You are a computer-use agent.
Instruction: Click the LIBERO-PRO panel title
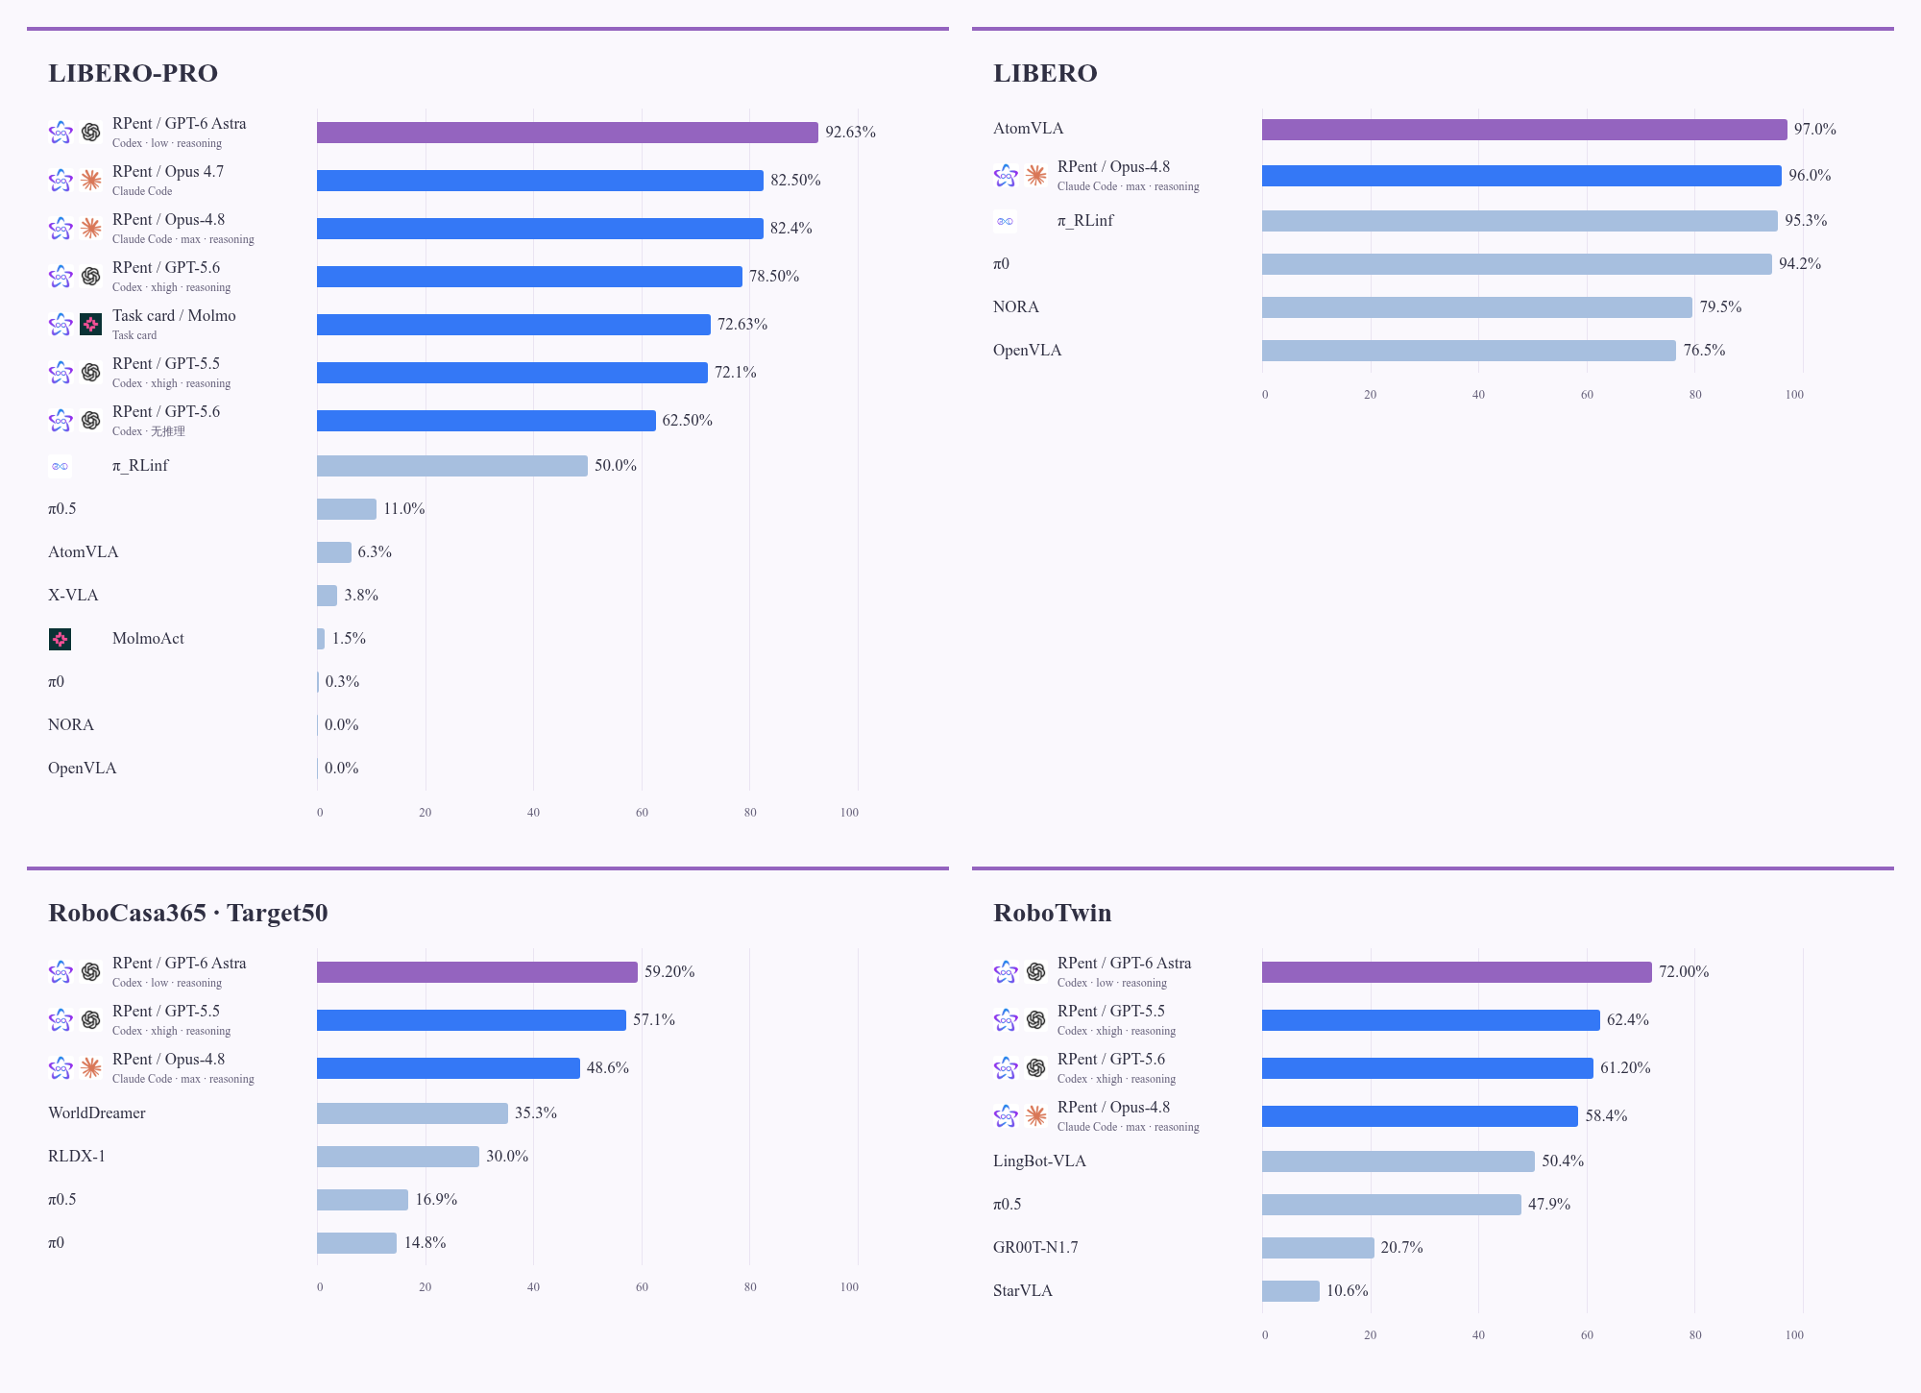(133, 73)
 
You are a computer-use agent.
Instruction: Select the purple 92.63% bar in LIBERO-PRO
(568, 133)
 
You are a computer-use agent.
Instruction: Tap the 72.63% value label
(742, 325)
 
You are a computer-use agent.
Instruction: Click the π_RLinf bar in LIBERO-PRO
(452, 466)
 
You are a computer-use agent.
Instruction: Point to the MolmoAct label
(148, 639)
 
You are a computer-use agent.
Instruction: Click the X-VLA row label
(73, 596)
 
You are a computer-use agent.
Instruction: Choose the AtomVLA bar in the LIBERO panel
(1524, 130)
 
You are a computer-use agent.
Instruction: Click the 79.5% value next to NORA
(1721, 307)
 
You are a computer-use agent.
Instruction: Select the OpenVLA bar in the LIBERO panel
(1469, 351)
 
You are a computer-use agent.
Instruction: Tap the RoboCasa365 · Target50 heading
(188, 913)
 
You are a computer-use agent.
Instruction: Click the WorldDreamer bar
(412, 1113)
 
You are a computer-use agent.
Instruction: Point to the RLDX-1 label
(77, 1157)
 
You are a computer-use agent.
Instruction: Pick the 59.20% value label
(669, 972)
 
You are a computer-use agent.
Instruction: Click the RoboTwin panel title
(1052, 913)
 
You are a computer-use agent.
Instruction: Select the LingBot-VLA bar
(1398, 1161)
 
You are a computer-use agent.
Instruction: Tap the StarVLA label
(1023, 1291)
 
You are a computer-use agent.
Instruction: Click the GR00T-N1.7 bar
(1318, 1248)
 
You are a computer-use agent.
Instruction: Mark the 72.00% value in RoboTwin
(1684, 972)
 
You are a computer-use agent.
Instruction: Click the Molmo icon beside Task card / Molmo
(90, 325)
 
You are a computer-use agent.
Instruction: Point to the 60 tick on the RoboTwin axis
(1587, 1335)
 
